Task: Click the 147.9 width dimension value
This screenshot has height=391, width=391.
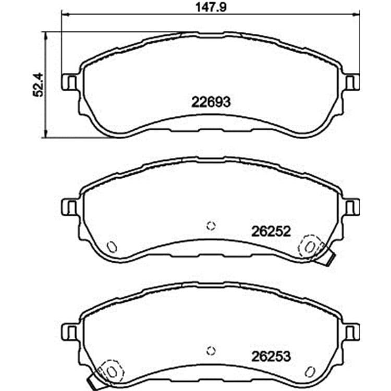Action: point(211,7)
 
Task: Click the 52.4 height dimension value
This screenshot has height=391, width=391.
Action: point(38,84)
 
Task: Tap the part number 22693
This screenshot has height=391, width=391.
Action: point(211,102)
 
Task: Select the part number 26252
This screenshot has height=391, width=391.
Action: point(271,231)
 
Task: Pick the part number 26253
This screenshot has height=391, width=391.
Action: point(271,357)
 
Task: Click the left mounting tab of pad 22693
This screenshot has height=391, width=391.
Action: point(69,82)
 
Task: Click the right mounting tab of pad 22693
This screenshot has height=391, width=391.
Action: point(352,82)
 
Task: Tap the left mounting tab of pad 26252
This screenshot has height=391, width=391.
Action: point(69,207)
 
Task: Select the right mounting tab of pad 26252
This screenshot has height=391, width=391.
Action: point(352,207)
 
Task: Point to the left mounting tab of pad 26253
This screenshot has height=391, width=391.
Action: point(69,332)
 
